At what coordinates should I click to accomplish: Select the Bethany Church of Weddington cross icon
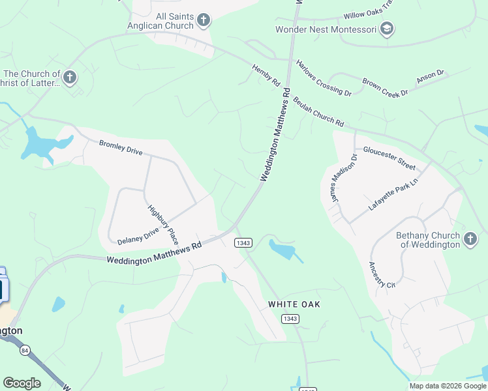tap(470, 240)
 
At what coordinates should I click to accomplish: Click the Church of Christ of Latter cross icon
tap(70, 79)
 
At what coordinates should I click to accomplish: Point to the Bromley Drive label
tap(120, 147)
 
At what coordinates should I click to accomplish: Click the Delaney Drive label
tap(138, 236)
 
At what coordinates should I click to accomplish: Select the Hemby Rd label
tap(266, 75)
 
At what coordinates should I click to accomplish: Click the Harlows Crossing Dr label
tap(324, 78)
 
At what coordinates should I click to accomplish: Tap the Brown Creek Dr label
tap(385, 88)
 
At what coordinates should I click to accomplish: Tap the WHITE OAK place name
tap(294, 304)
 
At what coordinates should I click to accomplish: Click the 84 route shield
tap(25, 350)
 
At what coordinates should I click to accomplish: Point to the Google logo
tap(22, 383)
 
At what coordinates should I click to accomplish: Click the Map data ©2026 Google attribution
tap(447, 386)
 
